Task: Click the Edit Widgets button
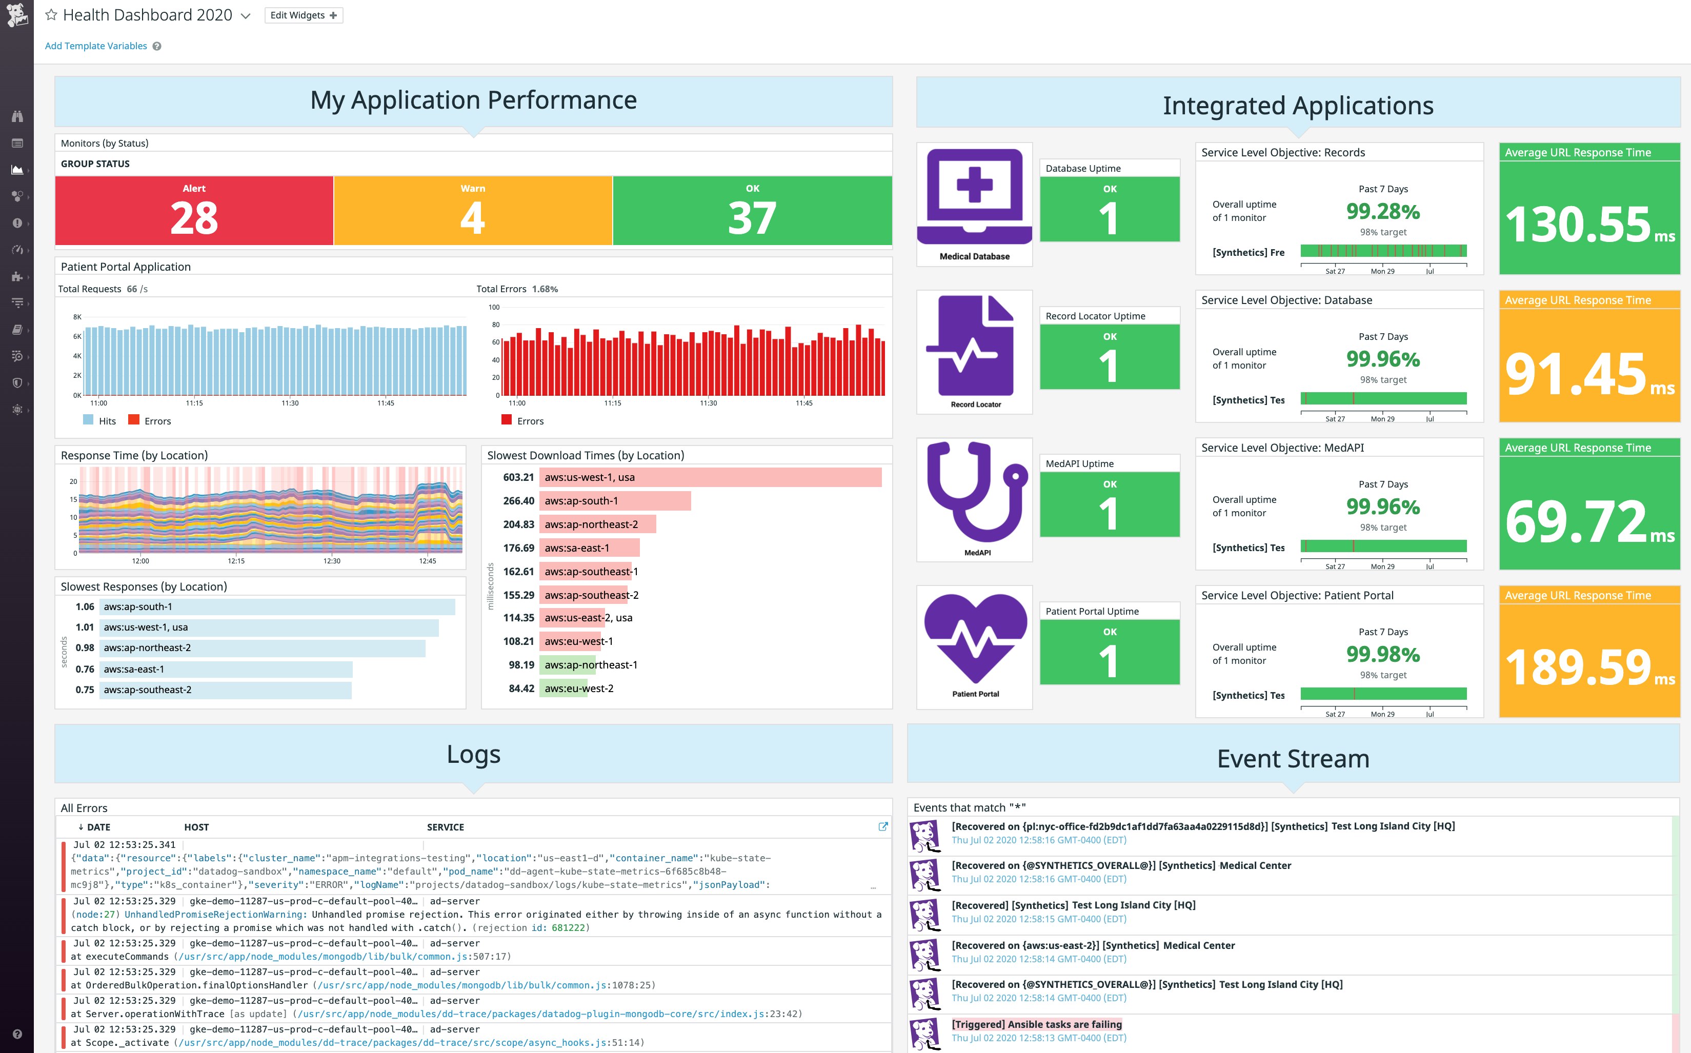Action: [x=304, y=15]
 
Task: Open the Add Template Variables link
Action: [x=95, y=46]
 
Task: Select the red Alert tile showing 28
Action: [x=194, y=210]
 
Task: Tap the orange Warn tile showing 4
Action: [x=472, y=210]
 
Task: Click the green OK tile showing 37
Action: [x=752, y=210]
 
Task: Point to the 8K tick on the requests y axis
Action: [x=77, y=317]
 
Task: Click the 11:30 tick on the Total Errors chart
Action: [x=708, y=403]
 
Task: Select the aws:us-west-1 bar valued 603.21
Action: [x=710, y=477]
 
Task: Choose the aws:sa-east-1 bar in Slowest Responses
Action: [x=226, y=669]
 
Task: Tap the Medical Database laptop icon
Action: [x=974, y=195]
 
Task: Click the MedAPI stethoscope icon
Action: [x=975, y=491]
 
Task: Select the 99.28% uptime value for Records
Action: [x=1382, y=211]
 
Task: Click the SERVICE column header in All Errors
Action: [x=445, y=826]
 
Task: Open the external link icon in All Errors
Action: [x=883, y=826]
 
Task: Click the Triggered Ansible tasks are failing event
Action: [x=1036, y=1024]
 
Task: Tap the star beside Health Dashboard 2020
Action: [x=51, y=15]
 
